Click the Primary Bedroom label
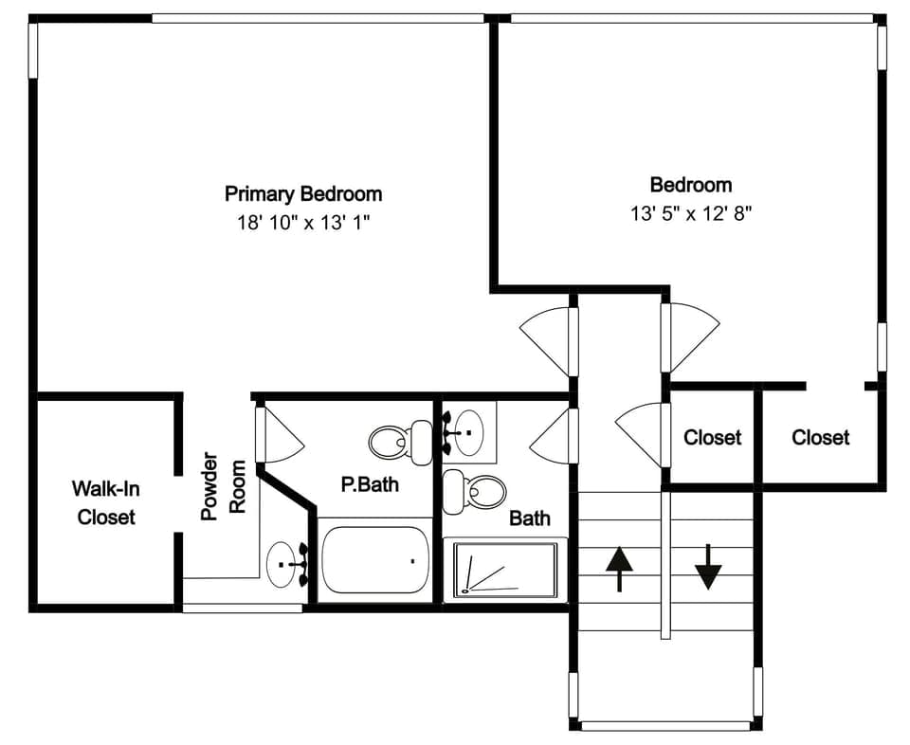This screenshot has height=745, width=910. (x=303, y=194)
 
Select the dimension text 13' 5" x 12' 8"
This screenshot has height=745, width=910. (x=690, y=213)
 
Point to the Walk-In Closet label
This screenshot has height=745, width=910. (x=105, y=502)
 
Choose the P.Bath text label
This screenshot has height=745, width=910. (x=370, y=485)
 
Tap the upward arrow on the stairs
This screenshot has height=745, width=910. (x=619, y=568)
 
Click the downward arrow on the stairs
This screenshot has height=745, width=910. (x=708, y=568)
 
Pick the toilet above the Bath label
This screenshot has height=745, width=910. (x=475, y=490)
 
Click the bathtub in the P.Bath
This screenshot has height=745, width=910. (x=375, y=560)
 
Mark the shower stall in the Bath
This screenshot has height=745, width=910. (x=504, y=569)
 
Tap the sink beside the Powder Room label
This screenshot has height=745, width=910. (x=285, y=565)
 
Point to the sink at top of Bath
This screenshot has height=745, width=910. (x=468, y=432)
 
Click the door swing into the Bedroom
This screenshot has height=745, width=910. (x=689, y=336)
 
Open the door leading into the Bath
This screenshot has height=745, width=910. (x=551, y=435)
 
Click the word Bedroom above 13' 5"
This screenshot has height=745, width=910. (x=690, y=185)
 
